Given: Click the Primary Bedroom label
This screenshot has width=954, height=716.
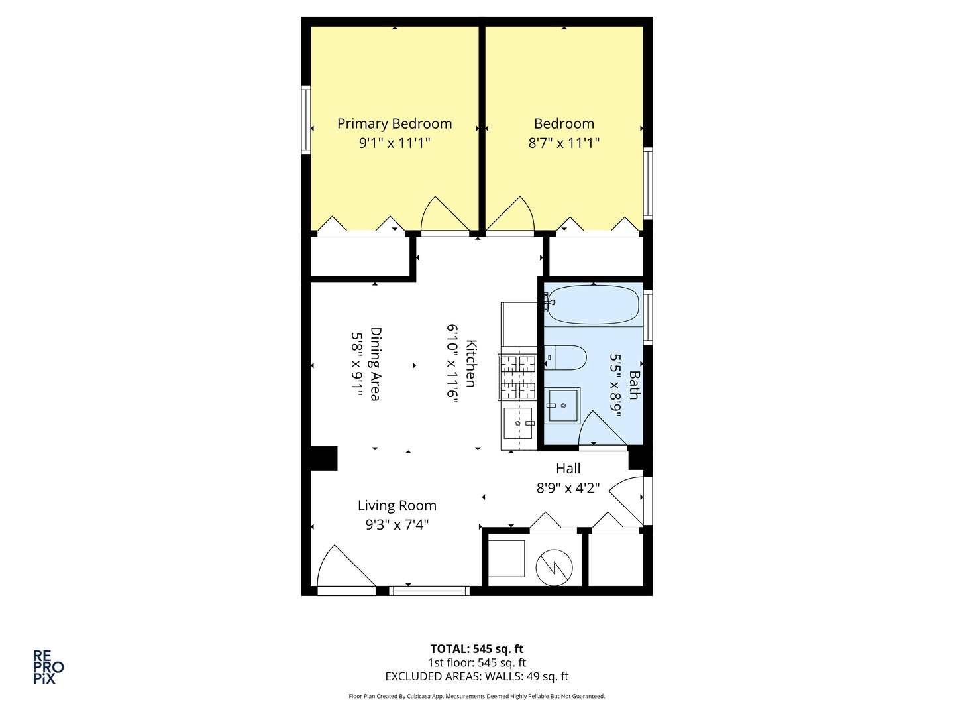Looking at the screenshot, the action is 394,124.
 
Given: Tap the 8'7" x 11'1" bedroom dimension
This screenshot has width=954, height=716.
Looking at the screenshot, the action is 564,143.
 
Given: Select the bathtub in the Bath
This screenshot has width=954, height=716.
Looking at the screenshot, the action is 593,305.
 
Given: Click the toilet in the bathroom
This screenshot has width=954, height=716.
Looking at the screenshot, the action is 565,357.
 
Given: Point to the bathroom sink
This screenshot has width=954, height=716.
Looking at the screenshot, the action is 562,406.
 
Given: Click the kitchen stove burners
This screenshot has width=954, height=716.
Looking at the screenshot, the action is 517,377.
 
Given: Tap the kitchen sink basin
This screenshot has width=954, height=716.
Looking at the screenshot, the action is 517,422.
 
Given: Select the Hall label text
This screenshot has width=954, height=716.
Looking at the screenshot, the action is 568,469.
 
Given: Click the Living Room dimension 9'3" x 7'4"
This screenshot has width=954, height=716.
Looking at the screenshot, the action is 397,525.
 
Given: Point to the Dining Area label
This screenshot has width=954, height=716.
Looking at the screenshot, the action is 375,364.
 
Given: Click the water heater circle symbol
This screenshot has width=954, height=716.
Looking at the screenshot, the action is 554,567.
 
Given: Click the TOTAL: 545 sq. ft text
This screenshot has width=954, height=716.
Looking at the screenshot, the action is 477,649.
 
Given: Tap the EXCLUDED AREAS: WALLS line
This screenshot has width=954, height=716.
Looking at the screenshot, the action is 477,676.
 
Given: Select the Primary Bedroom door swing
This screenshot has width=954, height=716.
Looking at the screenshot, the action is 445,215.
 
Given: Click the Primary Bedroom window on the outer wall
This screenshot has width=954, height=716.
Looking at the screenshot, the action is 307,119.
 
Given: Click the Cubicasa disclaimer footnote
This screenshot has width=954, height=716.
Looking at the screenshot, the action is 477,696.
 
